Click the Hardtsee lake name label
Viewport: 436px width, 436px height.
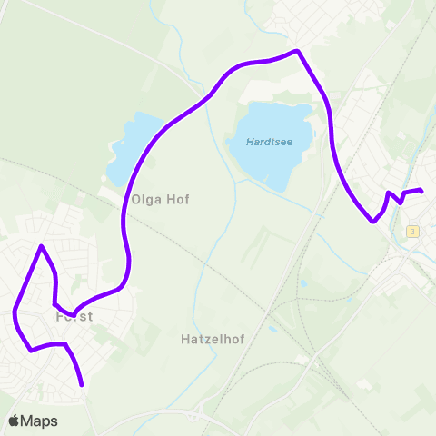[270, 142]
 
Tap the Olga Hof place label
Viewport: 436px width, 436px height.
[160, 199]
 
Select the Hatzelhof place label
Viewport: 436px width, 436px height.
[206, 338]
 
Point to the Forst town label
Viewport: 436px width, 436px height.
[75, 318]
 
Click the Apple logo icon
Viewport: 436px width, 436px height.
[14, 421]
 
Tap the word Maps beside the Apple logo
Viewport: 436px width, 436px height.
[39, 421]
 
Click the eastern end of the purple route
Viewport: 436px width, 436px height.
[421, 190]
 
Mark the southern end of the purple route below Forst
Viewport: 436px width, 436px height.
[82, 384]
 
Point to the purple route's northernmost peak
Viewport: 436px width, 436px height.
[296, 51]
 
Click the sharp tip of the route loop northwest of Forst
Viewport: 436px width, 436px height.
[41, 246]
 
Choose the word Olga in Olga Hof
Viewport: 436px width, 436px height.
[147, 199]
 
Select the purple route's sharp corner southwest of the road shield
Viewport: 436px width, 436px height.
[372, 221]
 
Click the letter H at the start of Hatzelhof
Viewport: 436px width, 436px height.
[174, 338]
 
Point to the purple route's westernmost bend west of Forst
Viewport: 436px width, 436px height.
[15, 313]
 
